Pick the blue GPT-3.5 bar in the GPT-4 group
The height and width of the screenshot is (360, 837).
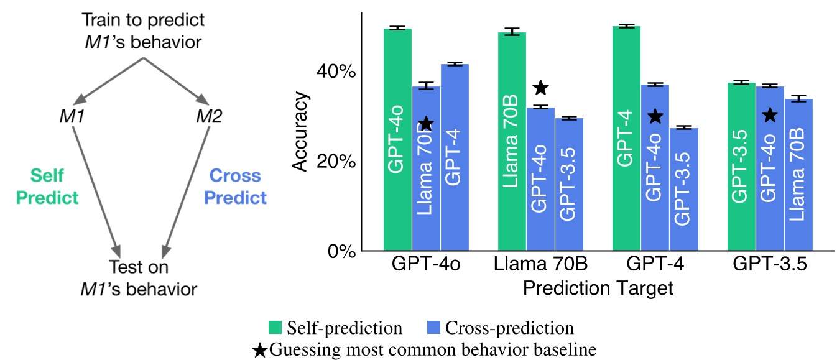click(683, 187)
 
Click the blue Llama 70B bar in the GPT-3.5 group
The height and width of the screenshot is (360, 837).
click(798, 174)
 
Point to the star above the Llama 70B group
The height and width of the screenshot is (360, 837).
click(541, 88)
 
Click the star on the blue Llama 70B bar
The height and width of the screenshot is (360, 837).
click(426, 124)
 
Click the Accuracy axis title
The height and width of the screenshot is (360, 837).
click(301, 131)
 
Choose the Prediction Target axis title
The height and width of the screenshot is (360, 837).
click(598, 288)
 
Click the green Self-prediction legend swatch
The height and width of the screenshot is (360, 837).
click(275, 327)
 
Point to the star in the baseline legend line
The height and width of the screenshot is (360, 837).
click(260, 349)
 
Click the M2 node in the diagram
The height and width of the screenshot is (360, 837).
click(209, 116)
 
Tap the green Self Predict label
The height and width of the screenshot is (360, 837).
click(47, 187)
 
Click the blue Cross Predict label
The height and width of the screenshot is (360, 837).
click(236, 187)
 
